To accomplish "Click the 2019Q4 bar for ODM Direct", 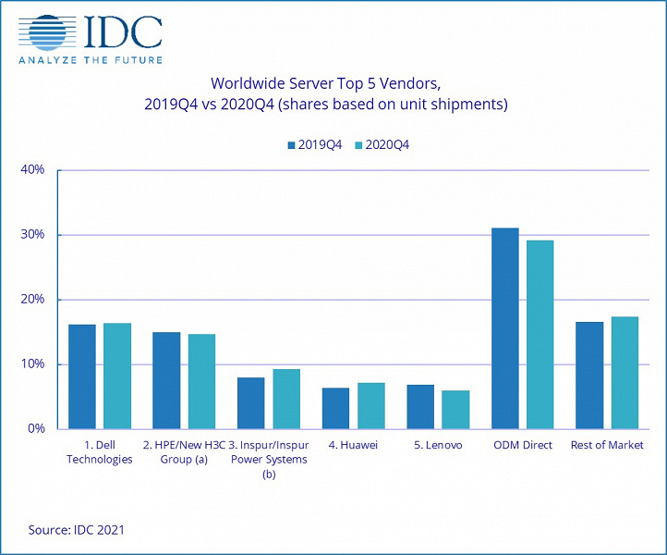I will (504, 328).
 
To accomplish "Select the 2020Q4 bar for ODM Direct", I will (540, 334).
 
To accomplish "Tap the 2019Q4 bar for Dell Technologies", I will (81, 376).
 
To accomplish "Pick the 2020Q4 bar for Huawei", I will (370, 405).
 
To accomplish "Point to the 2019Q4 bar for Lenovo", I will (420, 406).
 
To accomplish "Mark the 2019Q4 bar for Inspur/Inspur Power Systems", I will (250, 402).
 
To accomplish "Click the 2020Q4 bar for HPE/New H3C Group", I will (201, 381).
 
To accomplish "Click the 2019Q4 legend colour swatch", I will (291, 145).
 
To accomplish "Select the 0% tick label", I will (37, 429).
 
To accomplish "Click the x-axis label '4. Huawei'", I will (354, 445).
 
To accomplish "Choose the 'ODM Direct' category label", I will (523, 445).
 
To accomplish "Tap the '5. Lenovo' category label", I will (438, 445).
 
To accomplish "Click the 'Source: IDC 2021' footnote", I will (76, 530).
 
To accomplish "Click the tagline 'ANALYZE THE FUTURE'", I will (91, 60).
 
